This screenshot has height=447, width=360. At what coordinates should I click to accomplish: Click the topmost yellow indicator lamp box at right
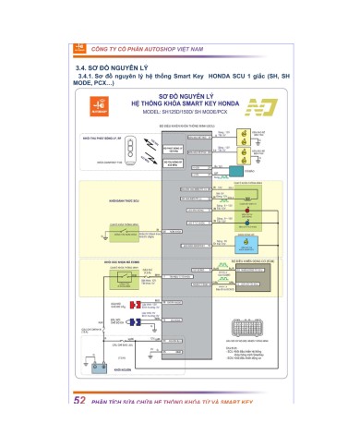coord(246,134)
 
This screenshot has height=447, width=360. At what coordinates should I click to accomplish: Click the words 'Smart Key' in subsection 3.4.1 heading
coord(168,78)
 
